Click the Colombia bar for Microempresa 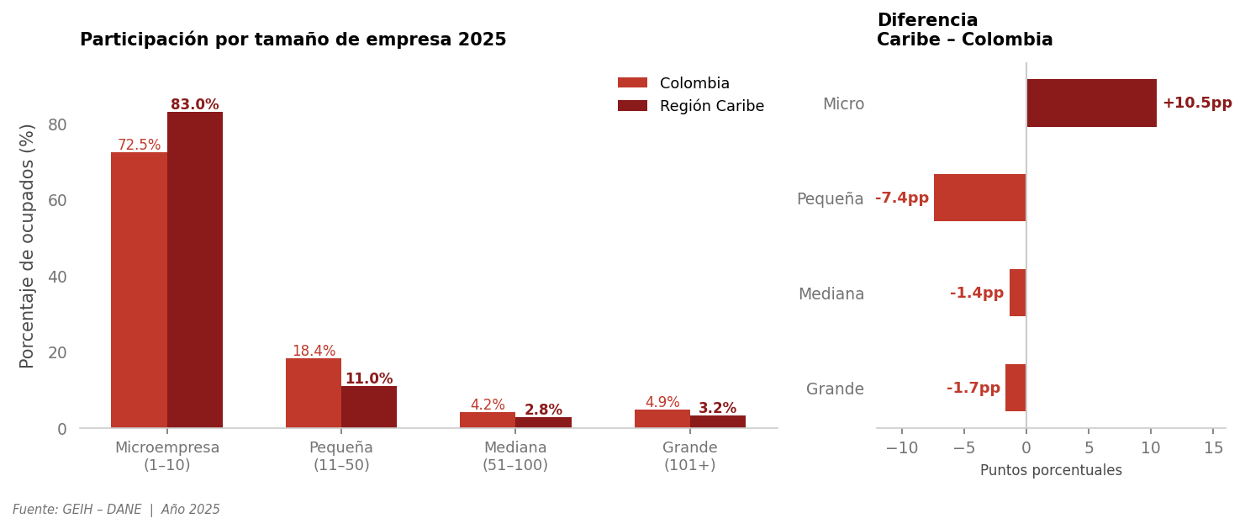click(139, 290)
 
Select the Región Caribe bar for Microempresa click(195, 270)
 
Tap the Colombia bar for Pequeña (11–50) click(314, 393)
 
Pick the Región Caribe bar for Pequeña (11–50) click(369, 407)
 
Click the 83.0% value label click(194, 105)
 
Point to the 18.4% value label click(314, 352)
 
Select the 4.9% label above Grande click(662, 403)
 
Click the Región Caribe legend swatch click(632, 106)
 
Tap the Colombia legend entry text click(694, 84)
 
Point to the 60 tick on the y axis click(57, 200)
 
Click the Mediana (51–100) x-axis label click(515, 457)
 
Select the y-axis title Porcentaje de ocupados click(28, 246)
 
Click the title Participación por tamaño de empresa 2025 click(293, 40)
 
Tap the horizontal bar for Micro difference click(1091, 103)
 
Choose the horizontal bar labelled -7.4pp click(979, 198)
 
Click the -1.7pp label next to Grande click(973, 389)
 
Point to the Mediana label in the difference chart click(831, 294)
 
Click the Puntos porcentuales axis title click(1051, 471)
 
